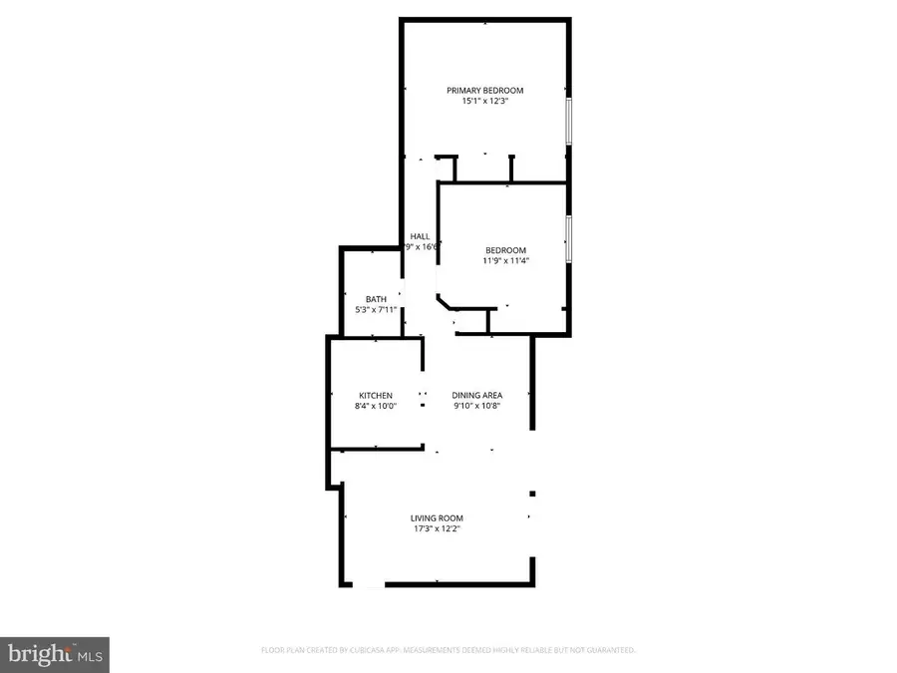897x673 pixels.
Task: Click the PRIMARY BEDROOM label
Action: pyautogui.click(x=484, y=91)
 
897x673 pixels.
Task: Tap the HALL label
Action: pyautogui.click(x=420, y=235)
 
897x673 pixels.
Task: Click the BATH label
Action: pyautogui.click(x=376, y=299)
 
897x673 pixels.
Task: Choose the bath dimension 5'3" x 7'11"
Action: pyautogui.click(x=376, y=310)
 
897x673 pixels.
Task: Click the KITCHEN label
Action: pyautogui.click(x=376, y=396)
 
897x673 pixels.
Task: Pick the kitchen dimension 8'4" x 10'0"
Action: pyautogui.click(x=376, y=407)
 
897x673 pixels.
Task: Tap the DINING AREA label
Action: pyautogui.click(x=477, y=396)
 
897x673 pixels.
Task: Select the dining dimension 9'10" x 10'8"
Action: pyautogui.click(x=477, y=407)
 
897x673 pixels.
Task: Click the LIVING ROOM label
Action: pyautogui.click(x=437, y=518)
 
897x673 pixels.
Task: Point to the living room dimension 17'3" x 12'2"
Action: pyautogui.click(x=437, y=529)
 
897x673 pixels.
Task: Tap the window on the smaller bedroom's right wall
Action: pyautogui.click(x=568, y=239)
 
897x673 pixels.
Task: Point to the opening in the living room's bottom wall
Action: pyautogui.click(x=370, y=584)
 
